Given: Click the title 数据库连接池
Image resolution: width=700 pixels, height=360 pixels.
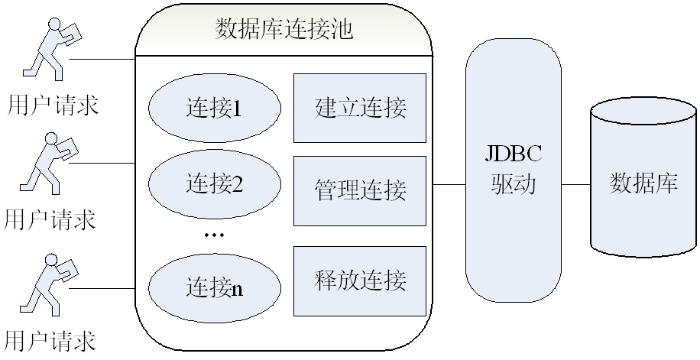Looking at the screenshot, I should (x=284, y=31).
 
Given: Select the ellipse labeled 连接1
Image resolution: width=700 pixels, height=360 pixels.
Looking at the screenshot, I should (x=213, y=109).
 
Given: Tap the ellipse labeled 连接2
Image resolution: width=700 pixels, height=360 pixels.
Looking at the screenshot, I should (x=213, y=184).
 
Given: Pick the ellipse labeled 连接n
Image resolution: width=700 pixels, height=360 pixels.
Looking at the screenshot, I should (x=213, y=288).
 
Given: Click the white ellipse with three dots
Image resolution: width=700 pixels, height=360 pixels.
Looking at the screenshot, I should (x=213, y=236).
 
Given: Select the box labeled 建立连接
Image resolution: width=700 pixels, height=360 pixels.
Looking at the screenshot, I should (x=359, y=108).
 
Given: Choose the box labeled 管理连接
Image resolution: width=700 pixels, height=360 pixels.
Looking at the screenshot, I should (x=359, y=190).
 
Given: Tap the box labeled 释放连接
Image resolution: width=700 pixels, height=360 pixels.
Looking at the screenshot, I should (x=359, y=281).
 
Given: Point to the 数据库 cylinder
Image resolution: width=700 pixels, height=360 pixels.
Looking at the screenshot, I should (x=643, y=183).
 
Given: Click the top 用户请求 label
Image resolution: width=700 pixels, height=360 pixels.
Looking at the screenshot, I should (x=52, y=104).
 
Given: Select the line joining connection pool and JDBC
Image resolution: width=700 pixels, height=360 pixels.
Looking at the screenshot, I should (x=449, y=184).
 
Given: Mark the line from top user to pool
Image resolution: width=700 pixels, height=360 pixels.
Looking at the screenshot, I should (x=103, y=59).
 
